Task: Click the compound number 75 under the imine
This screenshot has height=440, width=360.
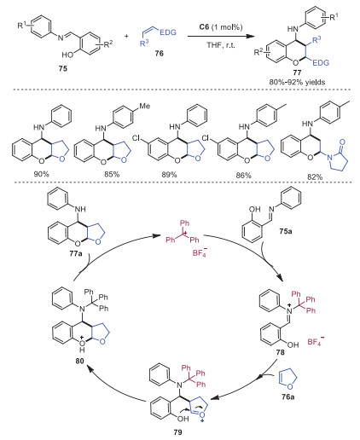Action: (63, 68)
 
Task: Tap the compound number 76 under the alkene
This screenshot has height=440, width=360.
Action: (160, 53)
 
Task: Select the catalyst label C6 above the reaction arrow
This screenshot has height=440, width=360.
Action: (204, 27)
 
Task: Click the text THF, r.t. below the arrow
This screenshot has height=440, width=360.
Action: (221, 45)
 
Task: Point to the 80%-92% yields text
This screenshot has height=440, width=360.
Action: (297, 82)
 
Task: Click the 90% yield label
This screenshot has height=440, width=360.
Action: (42, 174)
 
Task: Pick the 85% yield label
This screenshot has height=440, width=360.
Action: (112, 174)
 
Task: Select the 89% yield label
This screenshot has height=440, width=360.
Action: (169, 174)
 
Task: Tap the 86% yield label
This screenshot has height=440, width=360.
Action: (244, 175)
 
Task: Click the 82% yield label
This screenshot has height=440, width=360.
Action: (315, 177)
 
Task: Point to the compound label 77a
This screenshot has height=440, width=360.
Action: (76, 252)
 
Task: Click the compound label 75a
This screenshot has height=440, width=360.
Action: (286, 231)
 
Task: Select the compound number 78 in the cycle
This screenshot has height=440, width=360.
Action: (280, 352)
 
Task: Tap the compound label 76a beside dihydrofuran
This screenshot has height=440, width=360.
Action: (288, 397)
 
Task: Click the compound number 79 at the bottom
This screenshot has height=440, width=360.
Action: (177, 432)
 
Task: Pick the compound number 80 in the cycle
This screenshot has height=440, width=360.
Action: (79, 361)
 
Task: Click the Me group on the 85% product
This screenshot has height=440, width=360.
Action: (144, 106)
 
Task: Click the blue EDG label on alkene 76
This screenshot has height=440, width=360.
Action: (168, 32)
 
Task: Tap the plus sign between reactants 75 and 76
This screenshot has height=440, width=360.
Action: (126, 36)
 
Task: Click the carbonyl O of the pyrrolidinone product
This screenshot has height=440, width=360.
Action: (342, 142)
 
